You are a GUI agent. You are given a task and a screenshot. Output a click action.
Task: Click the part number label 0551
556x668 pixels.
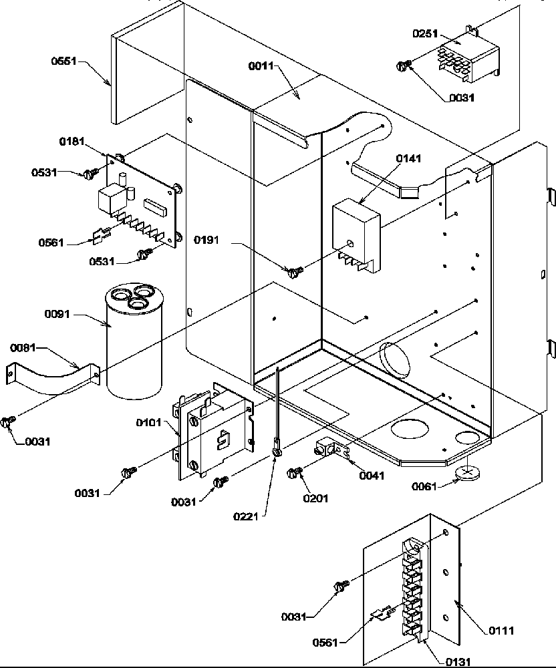click(x=64, y=61)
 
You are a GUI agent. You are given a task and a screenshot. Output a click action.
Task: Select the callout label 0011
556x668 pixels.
click(x=261, y=66)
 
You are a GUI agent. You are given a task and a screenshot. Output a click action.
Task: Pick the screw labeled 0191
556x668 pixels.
click(x=295, y=271)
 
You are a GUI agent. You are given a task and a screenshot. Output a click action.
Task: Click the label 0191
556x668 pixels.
click(x=208, y=238)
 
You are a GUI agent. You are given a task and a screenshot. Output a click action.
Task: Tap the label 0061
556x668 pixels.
click(x=424, y=487)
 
